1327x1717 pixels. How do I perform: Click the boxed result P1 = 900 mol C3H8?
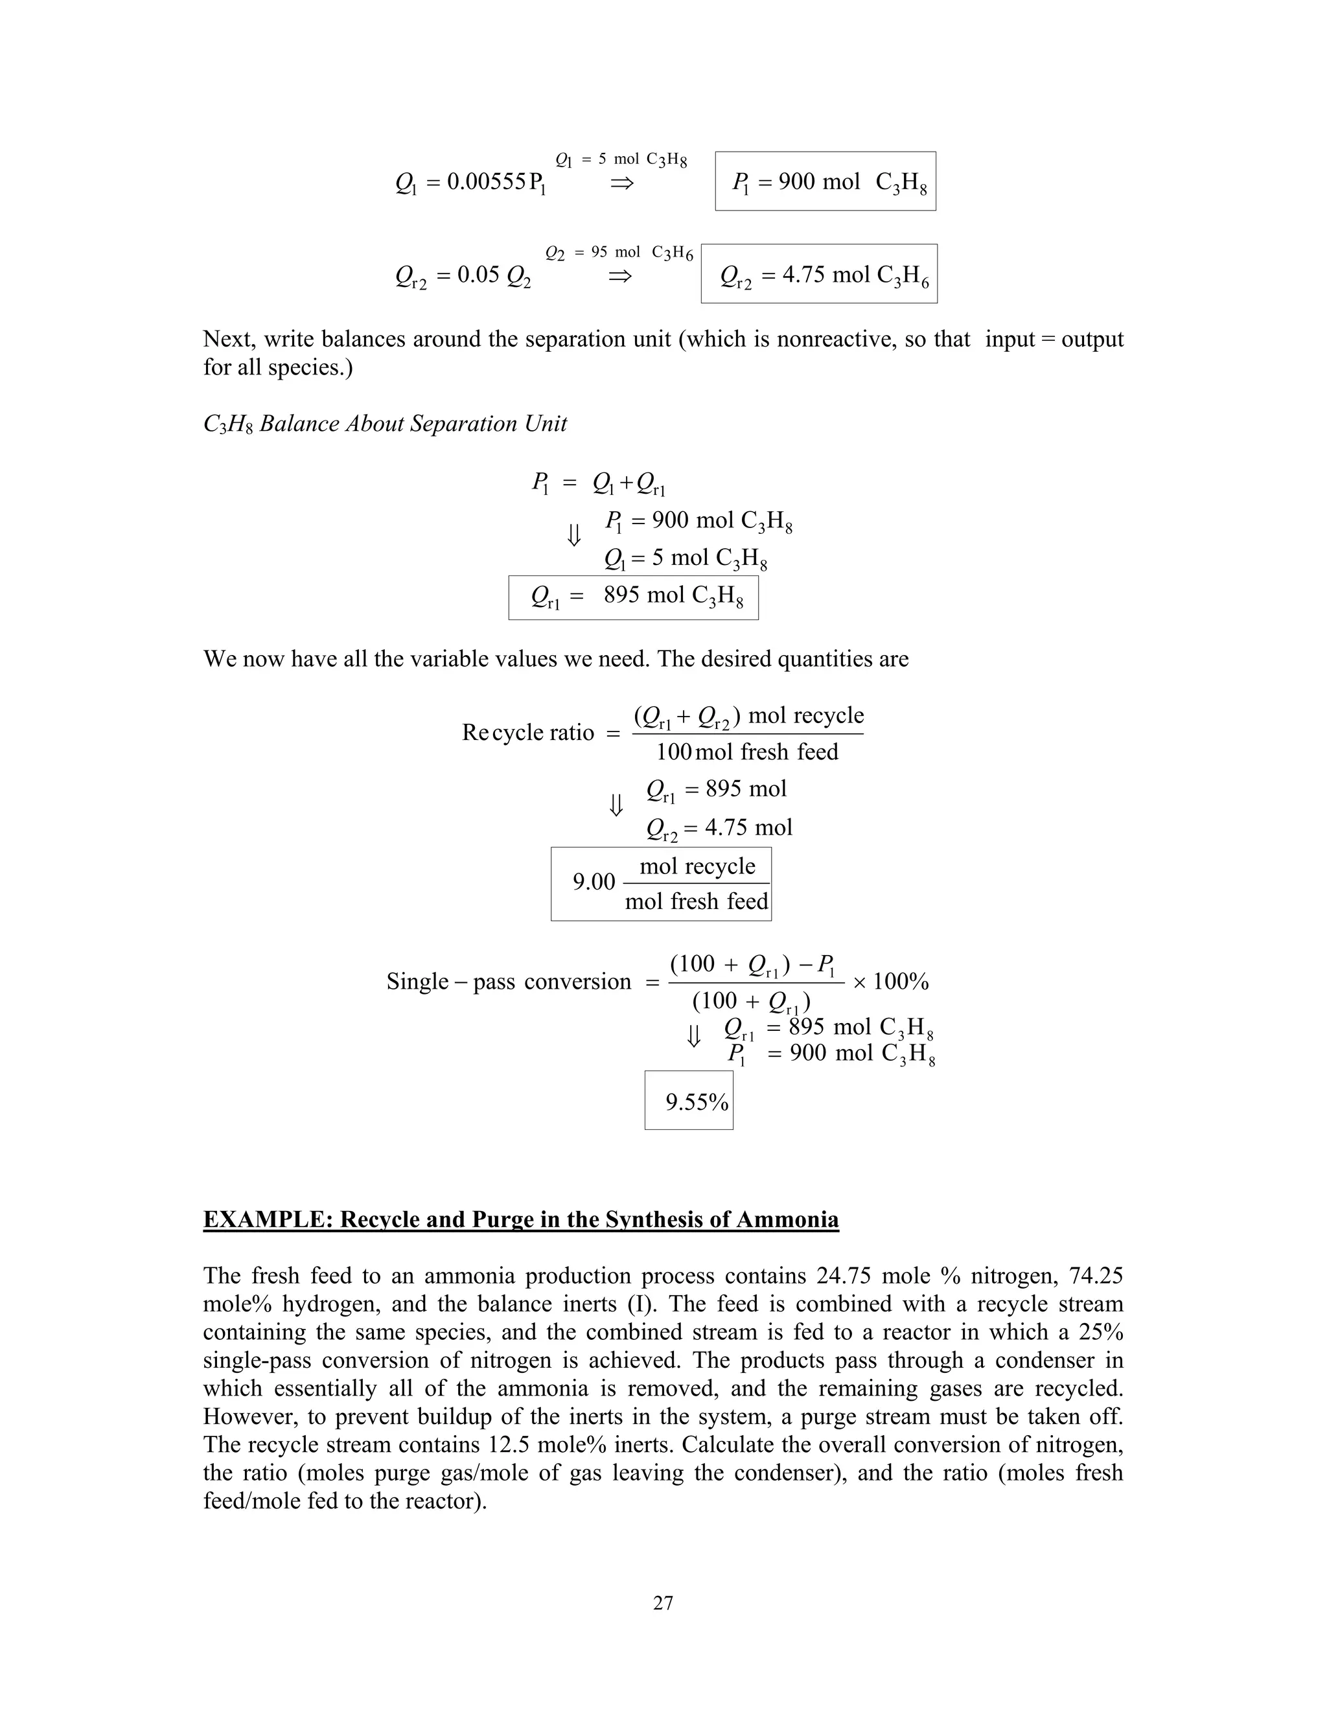point(825,181)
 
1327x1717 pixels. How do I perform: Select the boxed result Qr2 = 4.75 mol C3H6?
point(820,274)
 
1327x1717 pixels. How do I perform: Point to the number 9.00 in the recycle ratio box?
point(594,882)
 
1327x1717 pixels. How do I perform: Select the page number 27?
point(663,1603)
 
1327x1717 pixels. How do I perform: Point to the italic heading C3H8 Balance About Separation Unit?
point(386,424)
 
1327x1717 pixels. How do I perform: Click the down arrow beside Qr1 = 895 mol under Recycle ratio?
point(616,804)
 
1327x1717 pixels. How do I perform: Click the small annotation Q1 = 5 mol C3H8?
point(621,159)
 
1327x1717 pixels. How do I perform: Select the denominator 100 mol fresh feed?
point(747,752)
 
